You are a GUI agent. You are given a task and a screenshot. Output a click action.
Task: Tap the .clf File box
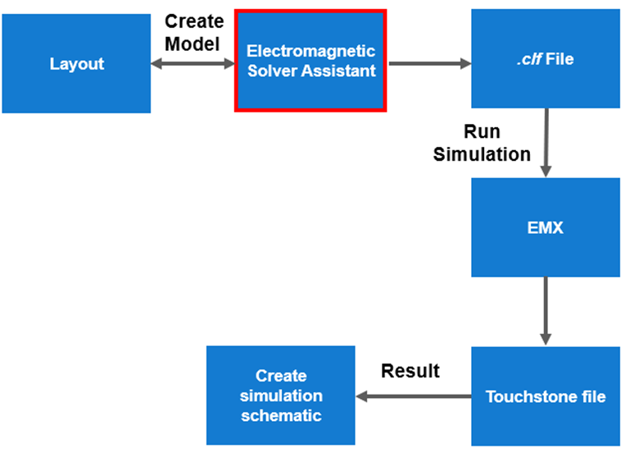click(546, 58)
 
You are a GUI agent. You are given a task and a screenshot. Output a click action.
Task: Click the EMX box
click(546, 227)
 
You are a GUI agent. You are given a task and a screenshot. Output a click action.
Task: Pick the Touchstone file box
click(546, 396)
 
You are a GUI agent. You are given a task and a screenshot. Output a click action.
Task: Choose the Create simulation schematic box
click(280, 396)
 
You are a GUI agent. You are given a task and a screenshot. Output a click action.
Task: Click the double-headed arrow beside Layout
click(193, 62)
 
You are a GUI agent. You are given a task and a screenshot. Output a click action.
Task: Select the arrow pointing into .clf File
click(428, 62)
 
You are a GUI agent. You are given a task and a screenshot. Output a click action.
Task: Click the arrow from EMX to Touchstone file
click(546, 311)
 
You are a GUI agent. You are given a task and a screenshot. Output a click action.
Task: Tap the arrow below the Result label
click(413, 397)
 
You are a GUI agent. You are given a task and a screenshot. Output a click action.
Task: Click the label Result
click(410, 371)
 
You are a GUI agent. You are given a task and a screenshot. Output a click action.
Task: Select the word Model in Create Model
click(193, 43)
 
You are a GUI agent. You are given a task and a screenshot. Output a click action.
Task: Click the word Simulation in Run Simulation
click(482, 153)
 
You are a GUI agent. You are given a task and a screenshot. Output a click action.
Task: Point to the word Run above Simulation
click(482, 131)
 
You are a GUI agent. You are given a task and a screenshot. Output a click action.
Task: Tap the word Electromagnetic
click(311, 51)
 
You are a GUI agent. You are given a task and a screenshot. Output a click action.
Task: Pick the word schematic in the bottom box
click(281, 416)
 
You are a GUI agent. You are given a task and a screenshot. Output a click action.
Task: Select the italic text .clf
click(528, 59)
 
